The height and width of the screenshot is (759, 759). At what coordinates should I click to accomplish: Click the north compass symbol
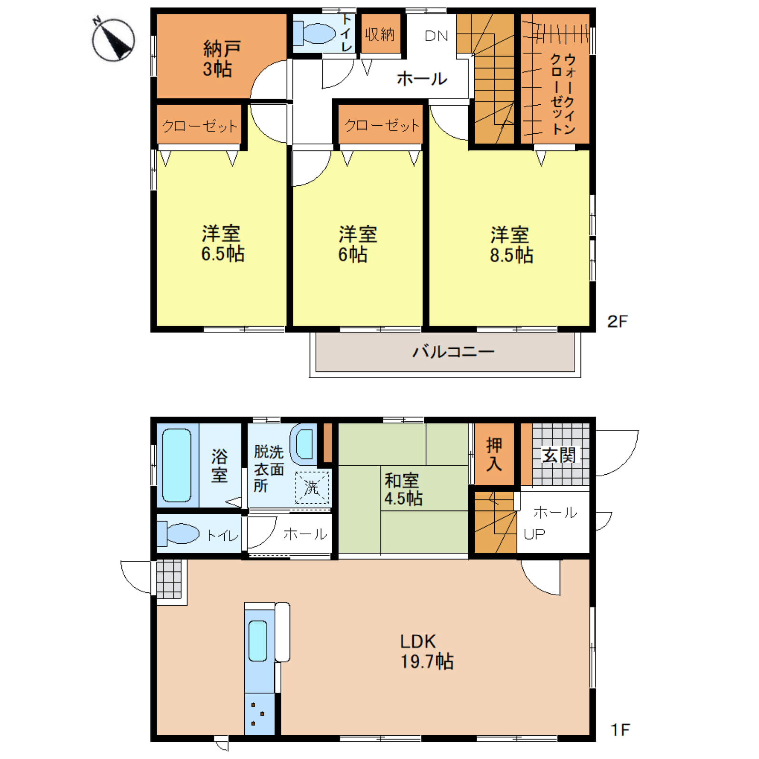tap(113, 39)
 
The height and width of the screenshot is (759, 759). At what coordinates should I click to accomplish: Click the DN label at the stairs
tap(436, 36)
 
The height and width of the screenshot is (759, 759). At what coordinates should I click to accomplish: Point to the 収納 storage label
tap(379, 34)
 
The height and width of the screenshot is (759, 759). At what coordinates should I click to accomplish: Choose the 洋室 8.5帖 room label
tap(511, 245)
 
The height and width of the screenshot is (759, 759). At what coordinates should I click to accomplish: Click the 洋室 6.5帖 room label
tap(222, 244)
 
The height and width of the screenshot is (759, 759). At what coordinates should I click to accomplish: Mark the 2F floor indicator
tap(618, 321)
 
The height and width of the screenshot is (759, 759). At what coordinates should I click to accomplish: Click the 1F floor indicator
tap(620, 729)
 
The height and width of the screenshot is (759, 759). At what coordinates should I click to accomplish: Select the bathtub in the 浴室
tap(177, 465)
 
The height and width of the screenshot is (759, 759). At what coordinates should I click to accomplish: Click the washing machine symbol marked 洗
tap(312, 487)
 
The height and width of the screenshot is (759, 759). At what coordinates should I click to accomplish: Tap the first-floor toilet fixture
tap(178, 533)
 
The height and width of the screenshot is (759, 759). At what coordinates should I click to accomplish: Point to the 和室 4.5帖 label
tap(403, 489)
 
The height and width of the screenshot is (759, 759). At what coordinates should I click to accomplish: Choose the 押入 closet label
tap(494, 455)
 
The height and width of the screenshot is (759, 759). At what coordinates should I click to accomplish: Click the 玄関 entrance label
tap(559, 455)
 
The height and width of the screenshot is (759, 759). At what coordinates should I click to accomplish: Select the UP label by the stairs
tap(534, 534)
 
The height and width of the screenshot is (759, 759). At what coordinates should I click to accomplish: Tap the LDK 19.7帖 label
tap(427, 651)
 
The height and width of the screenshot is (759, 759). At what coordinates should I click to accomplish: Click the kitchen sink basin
tap(258, 641)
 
